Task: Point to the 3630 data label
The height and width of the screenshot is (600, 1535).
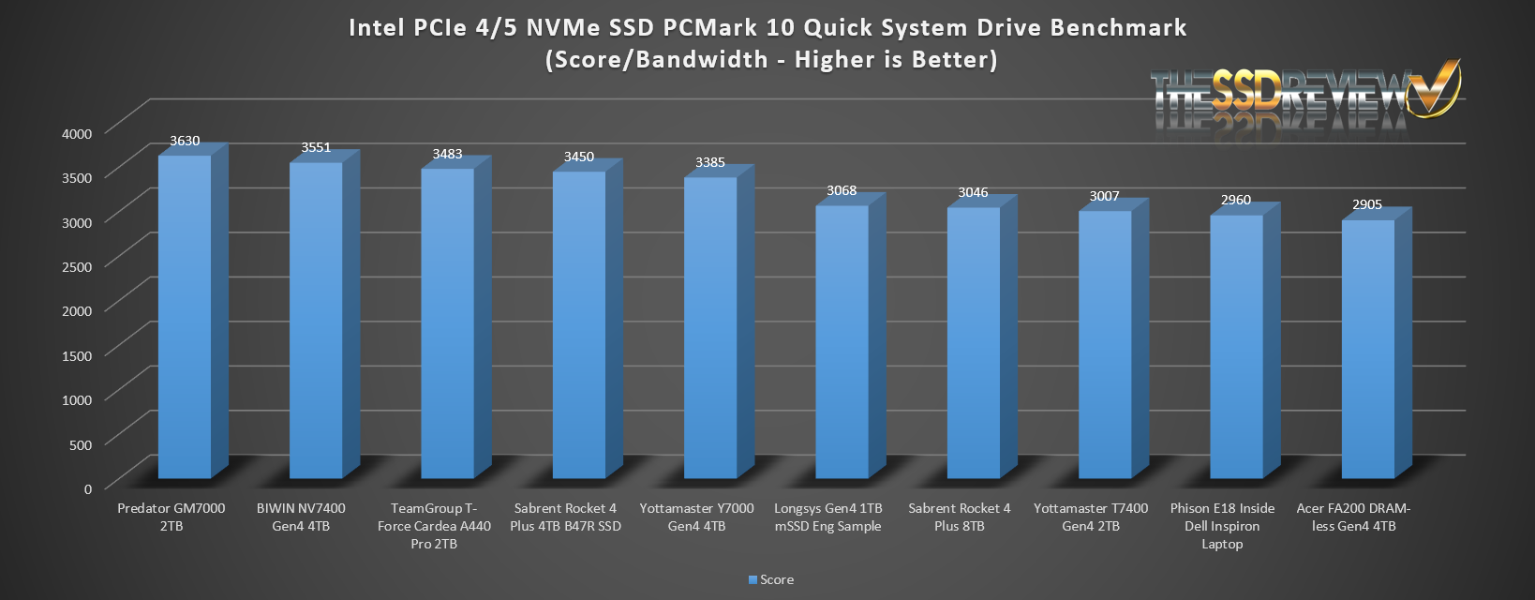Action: [x=185, y=141]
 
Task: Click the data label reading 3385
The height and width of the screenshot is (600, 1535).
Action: [x=710, y=162]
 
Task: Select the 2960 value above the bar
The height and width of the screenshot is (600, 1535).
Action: [x=1236, y=200]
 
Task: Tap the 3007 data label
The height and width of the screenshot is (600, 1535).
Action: [x=1105, y=196]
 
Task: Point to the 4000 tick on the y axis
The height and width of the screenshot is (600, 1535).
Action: [x=77, y=133]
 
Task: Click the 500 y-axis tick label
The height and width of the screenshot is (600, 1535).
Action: [x=82, y=444]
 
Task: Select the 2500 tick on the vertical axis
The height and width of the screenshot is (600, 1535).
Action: [x=77, y=266]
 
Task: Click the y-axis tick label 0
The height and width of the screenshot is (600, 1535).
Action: [x=88, y=488]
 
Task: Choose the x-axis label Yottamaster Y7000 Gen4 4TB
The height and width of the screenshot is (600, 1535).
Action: [x=696, y=517]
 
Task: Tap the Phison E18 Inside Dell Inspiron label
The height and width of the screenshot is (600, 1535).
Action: [x=1222, y=526]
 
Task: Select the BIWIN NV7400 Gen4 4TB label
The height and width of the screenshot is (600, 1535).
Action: [x=301, y=517]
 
